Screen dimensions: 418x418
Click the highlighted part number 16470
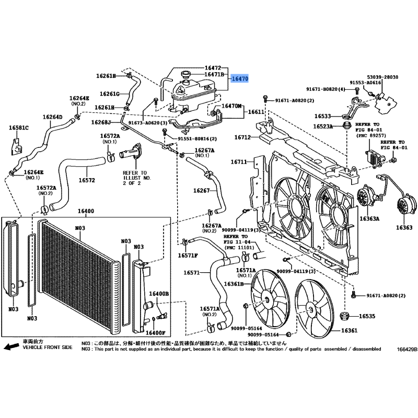point(240,79)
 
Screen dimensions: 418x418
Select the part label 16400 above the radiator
point(86,211)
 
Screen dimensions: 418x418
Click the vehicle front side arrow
point(11,346)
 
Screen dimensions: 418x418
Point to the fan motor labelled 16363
point(406,207)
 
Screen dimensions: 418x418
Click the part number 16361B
point(234,284)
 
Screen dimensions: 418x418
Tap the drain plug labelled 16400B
point(162,316)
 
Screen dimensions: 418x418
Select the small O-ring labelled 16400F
point(154,319)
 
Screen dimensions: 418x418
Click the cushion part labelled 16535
point(345,316)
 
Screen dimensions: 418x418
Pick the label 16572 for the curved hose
point(87,180)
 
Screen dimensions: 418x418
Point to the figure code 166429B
point(407,350)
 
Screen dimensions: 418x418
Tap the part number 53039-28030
point(382,77)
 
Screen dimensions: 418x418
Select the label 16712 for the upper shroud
point(242,137)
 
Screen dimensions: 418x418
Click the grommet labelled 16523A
point(346,125)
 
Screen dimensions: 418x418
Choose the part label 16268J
point(101,122)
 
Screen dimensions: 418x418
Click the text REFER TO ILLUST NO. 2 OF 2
point(137,178)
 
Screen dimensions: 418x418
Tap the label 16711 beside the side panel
point(239,162)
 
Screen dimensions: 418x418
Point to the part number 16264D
point(53,117)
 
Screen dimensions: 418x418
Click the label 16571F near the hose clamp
point(188,256)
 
